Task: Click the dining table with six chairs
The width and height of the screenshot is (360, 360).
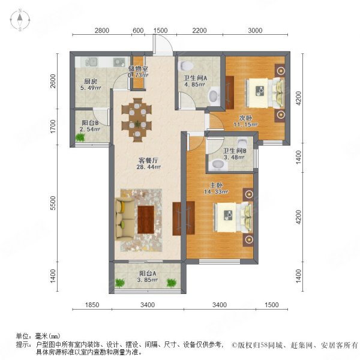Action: pyautogui.click(x=139, y=117)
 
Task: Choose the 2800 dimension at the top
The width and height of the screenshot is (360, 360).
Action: pyautogui.click(x=102, y=31)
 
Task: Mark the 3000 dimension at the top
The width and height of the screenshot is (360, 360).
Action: pyautogui.click(x=255, y=31)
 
